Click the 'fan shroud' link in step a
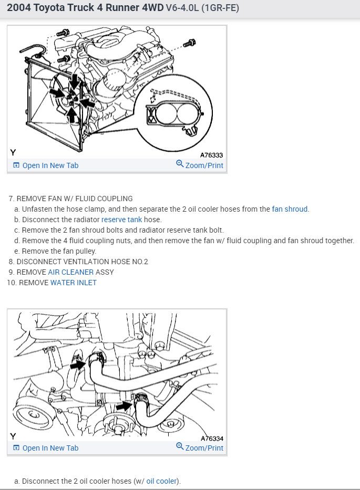tap(290, 209)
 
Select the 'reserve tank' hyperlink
tap(121, 220)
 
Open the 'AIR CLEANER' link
tap(70, 272)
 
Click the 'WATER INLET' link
tap(74, 283)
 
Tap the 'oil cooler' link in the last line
tap(162, 481)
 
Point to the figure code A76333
tap(212, 155)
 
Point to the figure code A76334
tap(212, 439)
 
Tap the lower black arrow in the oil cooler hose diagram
tap(124, 405)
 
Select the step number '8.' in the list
tap(11, 262)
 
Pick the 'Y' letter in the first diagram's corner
tap(13, 153)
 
